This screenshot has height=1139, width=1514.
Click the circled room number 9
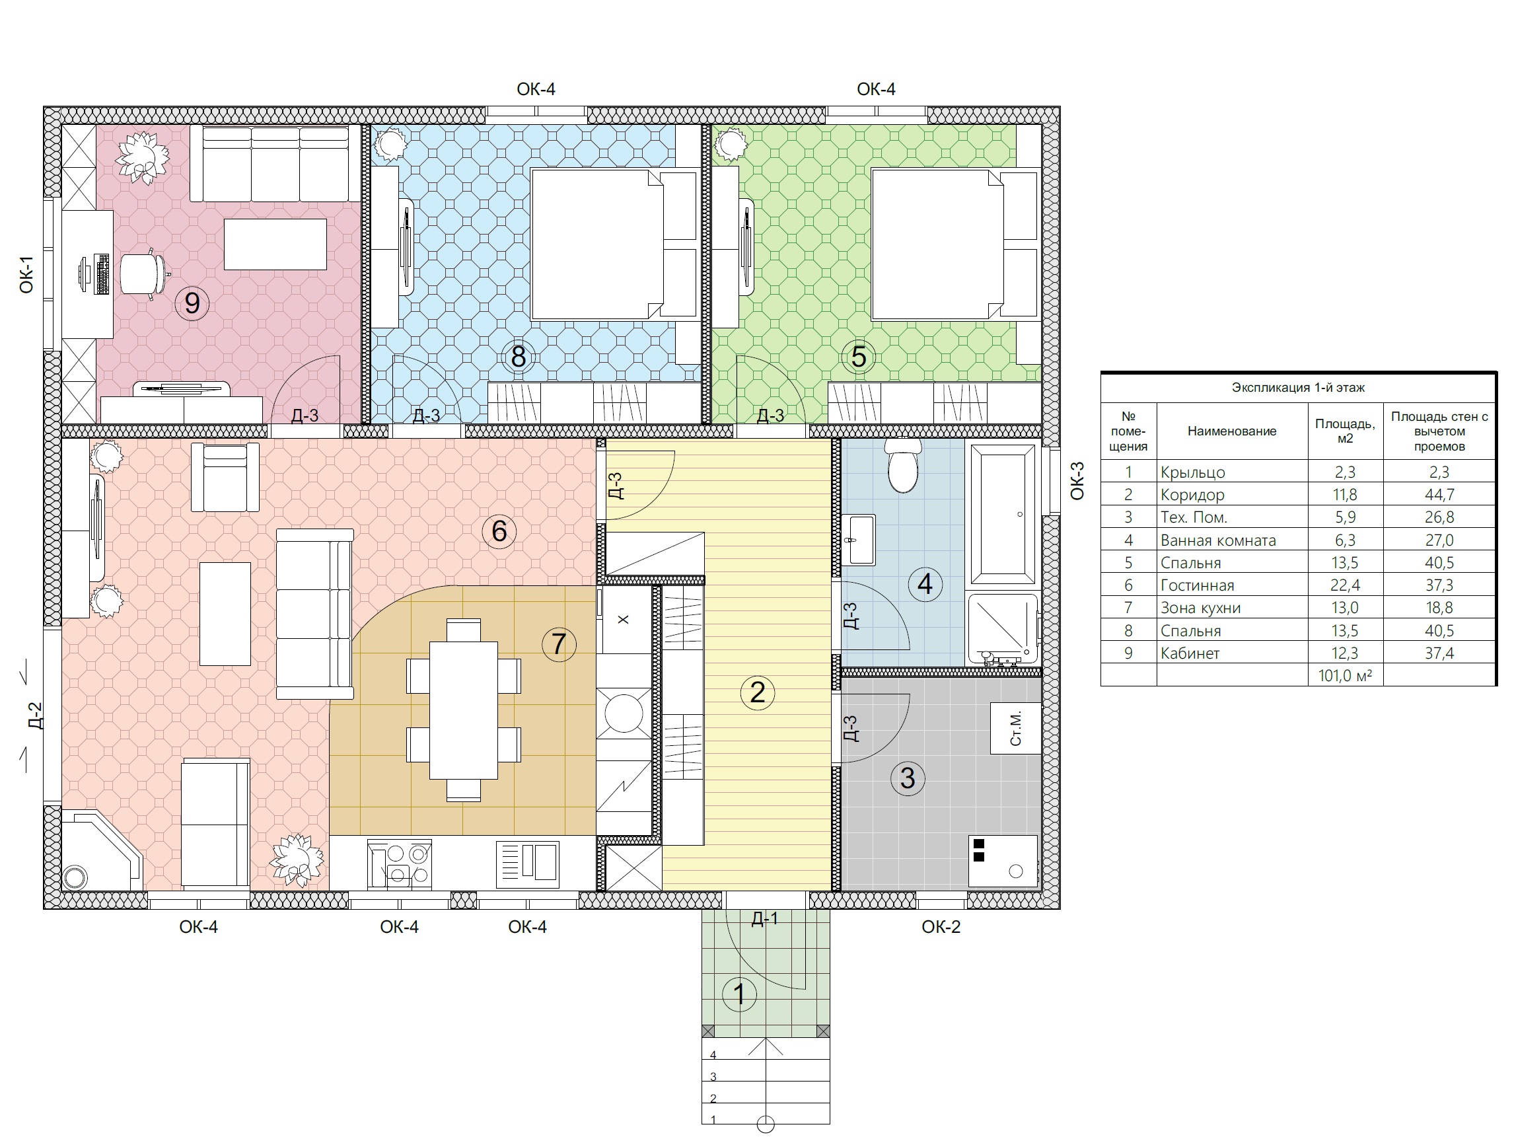click(x=192, y=303)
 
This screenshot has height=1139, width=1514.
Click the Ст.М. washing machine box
click(x=1016, y=727)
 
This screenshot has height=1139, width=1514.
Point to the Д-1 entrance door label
click(x=764, y=918)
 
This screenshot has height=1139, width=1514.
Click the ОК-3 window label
click(x=1077, y=480)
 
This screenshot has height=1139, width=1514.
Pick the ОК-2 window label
click(x=941, y=927)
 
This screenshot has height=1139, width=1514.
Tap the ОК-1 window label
click(x=26, y=274)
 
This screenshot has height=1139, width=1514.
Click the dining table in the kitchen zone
click(x=463, y=710)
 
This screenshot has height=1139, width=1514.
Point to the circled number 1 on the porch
click(x=739, y=994)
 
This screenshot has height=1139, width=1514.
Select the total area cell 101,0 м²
click(x=1345, y=676)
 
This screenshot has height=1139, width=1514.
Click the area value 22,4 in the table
click(x=1345, y=585)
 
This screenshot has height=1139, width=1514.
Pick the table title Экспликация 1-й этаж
click(x=1299, y=387)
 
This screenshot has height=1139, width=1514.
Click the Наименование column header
click(x=1232, y=431)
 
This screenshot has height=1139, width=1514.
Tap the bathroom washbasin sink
click(x=858, y=540)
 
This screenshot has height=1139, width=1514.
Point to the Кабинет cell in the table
click(x=1190, y=653)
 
